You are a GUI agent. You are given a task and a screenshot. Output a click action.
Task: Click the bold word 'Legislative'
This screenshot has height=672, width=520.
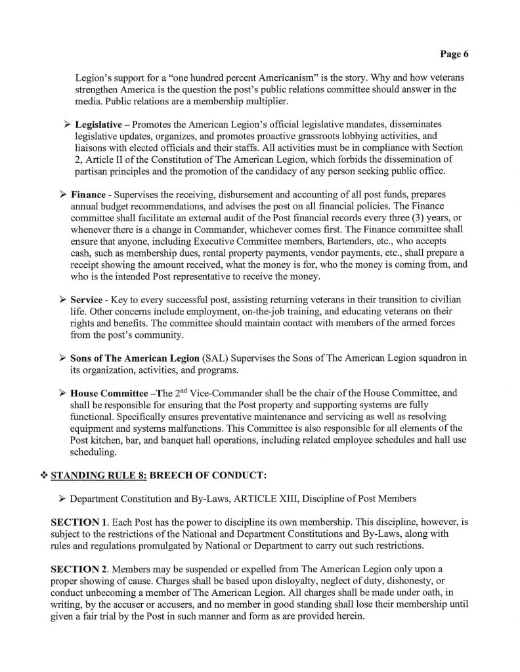click(102, 124)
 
